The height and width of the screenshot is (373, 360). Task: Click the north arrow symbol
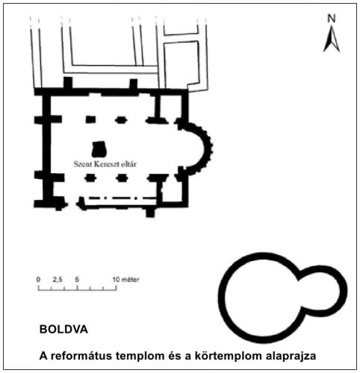(x=332, y=40)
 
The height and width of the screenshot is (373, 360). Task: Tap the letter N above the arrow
(x=332, y=19)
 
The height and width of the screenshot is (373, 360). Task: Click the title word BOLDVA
(x=63, y=330)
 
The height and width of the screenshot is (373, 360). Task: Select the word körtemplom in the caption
(x=229, y=356)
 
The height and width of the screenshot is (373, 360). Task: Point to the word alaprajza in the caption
(x=291, y=357)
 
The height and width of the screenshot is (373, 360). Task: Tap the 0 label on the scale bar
(x=38, y=279)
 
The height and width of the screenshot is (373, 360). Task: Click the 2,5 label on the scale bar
(x=58, y=280)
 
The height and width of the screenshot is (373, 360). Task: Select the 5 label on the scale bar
(x=77, y=279)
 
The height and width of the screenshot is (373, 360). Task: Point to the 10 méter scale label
(x=125, y=279)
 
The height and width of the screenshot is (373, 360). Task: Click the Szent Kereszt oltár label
(x=105, y=164)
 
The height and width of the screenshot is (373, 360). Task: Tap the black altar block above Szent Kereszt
(x=99, y=149)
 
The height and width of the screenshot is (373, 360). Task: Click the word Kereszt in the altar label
(x=106, y=164)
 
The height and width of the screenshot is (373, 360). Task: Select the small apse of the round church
(x=341, y=291)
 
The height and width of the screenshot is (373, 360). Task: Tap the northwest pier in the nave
(x=90, y=119)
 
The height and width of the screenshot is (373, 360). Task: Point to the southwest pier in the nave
(x=90, y=178)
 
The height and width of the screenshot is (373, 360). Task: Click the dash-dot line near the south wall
(x=122, y=198)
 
